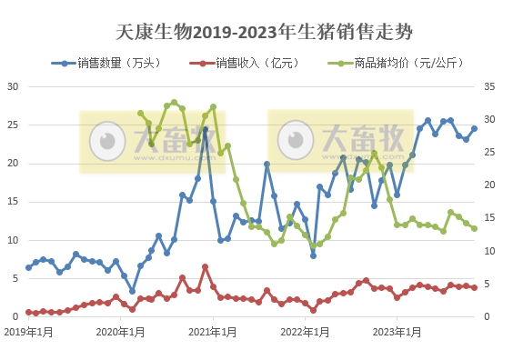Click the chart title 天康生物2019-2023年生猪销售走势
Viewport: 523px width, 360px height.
(265, 33)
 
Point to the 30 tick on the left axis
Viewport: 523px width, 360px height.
(14, 87)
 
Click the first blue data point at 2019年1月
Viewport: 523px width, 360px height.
(28, 267)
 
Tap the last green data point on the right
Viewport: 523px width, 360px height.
(475, 228)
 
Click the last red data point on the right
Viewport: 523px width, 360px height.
(475, 287)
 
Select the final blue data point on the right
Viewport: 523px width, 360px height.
(474, 128)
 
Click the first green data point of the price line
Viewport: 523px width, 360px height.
(141, 114)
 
